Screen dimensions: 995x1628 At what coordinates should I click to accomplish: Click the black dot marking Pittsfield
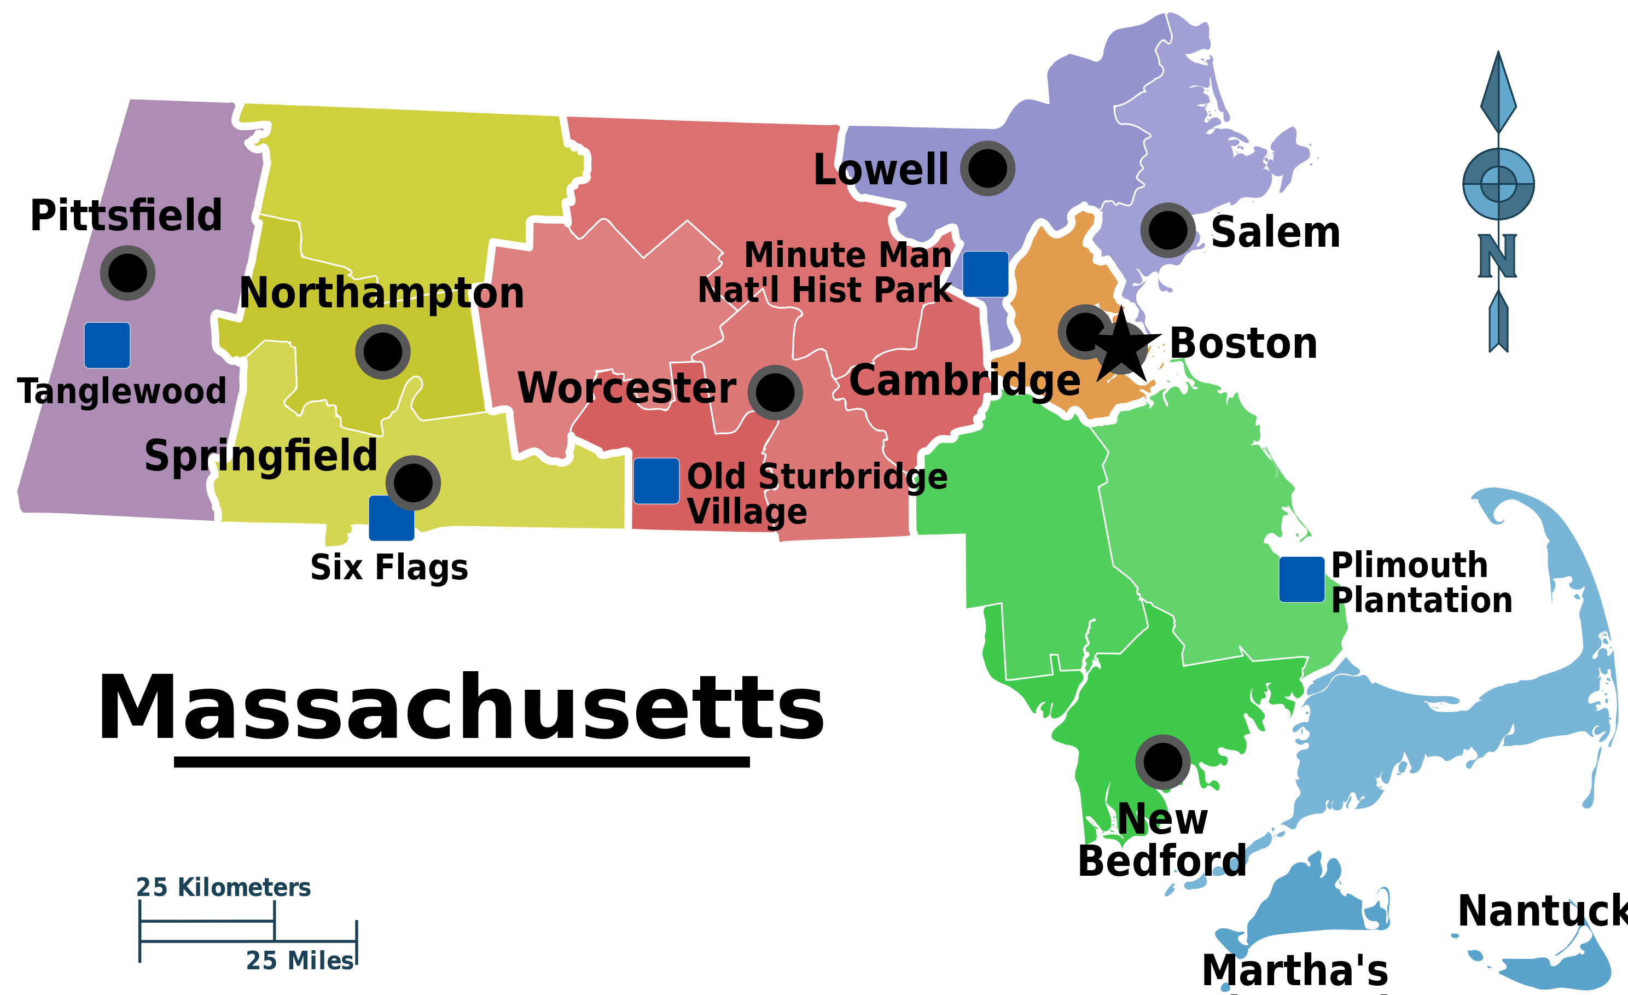[x=127, y=273]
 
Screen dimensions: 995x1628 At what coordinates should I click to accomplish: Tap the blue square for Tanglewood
[x=107, y=345]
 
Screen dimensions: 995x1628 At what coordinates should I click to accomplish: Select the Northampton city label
[x=381, y=293]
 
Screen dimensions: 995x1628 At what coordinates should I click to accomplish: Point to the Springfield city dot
[x=413, y=482]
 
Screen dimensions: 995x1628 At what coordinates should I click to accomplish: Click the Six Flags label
[x=389, y=568]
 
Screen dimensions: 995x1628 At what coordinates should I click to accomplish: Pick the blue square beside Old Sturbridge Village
[x=656, y=481]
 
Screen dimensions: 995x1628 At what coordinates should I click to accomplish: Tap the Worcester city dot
[x=775, y=392]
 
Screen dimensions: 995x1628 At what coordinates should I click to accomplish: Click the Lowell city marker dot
[x=987, y=168]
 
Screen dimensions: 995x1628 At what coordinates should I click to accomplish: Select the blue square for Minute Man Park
[x=985, y=274]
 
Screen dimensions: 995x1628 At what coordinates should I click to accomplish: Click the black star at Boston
[x=1122, y=347]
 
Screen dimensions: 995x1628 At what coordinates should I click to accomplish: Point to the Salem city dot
[x=1167, y=230]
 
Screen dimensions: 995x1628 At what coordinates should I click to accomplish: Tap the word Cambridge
[x=964, y=381]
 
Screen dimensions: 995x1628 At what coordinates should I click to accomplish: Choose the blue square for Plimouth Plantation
[x=1301, y=579]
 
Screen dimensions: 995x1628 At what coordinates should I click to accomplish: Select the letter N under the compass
[x=1497, y=257]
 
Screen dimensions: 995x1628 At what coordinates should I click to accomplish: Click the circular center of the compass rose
[x=1498, y=183]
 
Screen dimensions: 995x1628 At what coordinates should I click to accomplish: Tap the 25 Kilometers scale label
[x=223, y=887]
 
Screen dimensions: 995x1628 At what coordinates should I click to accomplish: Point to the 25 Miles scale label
[x=299, y=961]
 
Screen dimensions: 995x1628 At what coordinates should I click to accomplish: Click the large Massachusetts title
[x=461, y=708]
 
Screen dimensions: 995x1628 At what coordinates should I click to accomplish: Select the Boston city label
[x=1243, y=344]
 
